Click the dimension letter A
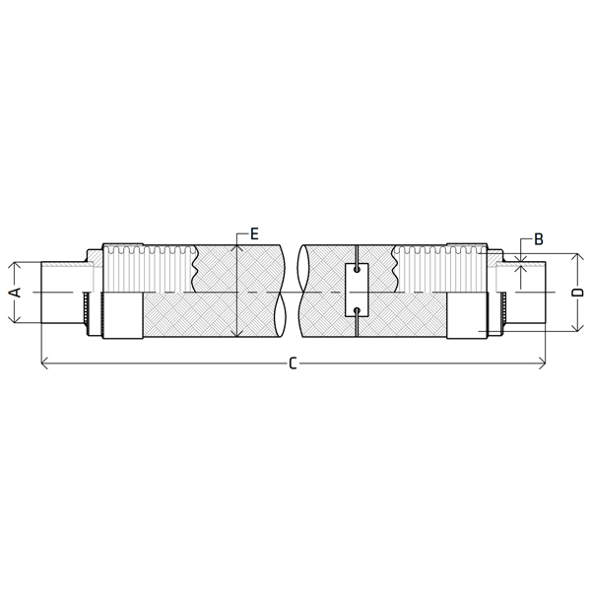(x=16, y=293)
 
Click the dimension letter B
(x=539, y=239)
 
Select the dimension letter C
(x=293, y=363)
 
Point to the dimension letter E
(x=255, y=234)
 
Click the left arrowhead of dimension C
(x=43, y=363)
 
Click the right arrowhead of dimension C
(x=543, y=363)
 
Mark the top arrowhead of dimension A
(x=14, y=265)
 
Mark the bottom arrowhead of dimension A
(x=14, y=319)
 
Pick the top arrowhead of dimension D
(x=577, y=257)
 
